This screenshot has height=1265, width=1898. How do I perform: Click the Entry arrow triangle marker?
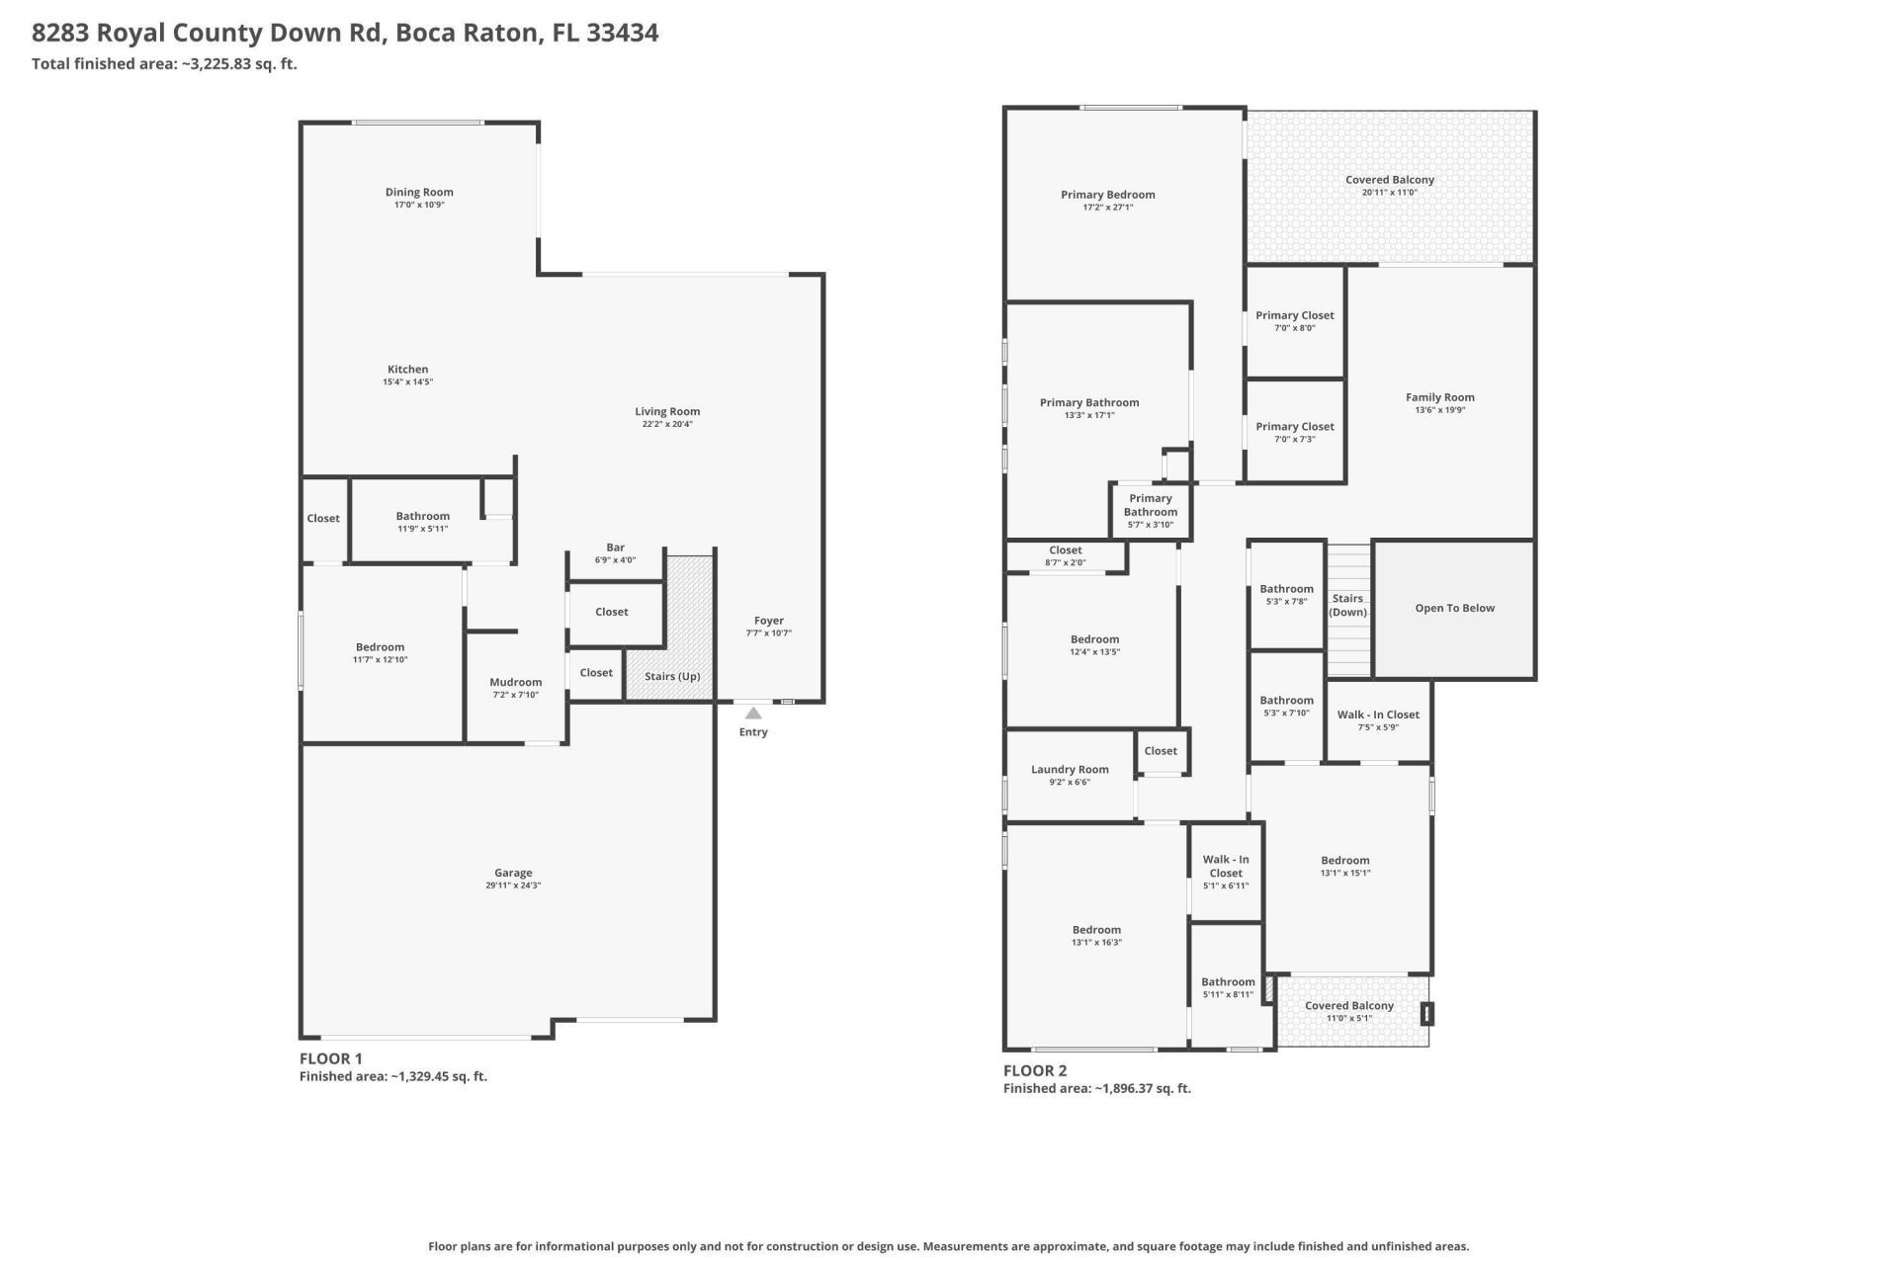coord(753,713)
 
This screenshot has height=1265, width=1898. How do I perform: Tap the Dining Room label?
coord(419,192)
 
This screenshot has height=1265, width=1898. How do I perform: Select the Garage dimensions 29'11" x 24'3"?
coord(513,885)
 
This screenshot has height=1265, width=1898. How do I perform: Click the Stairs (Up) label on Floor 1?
coord(672,676)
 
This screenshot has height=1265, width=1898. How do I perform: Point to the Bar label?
coord(615,547)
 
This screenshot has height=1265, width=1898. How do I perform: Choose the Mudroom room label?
coord(515,682)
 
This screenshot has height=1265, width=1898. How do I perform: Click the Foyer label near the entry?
coord(768,621)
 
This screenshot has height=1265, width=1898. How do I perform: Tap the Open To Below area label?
coord(1454,608)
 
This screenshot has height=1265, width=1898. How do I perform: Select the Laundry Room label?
coord(1070,769)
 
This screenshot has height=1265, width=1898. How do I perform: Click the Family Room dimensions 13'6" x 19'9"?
coord(1439,410)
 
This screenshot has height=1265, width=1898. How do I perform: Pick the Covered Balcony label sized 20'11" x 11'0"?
coord(1389,180)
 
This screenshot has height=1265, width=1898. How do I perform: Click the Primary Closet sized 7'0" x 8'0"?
coord(1294,315)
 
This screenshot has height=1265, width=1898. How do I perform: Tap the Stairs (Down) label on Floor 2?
coord(1347,605)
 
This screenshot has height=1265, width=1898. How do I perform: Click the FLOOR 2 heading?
coord(1034,1070)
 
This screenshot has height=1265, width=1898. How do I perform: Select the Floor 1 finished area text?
coord(392,1076)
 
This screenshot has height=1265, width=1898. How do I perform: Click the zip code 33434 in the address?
coord(622,33)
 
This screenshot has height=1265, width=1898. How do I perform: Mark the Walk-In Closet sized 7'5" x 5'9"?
coord(1377,715)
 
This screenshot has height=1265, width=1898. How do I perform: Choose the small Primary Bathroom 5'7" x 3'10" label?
coord(1150,511)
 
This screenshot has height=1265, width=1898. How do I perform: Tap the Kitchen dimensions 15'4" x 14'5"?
coord(407,381)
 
